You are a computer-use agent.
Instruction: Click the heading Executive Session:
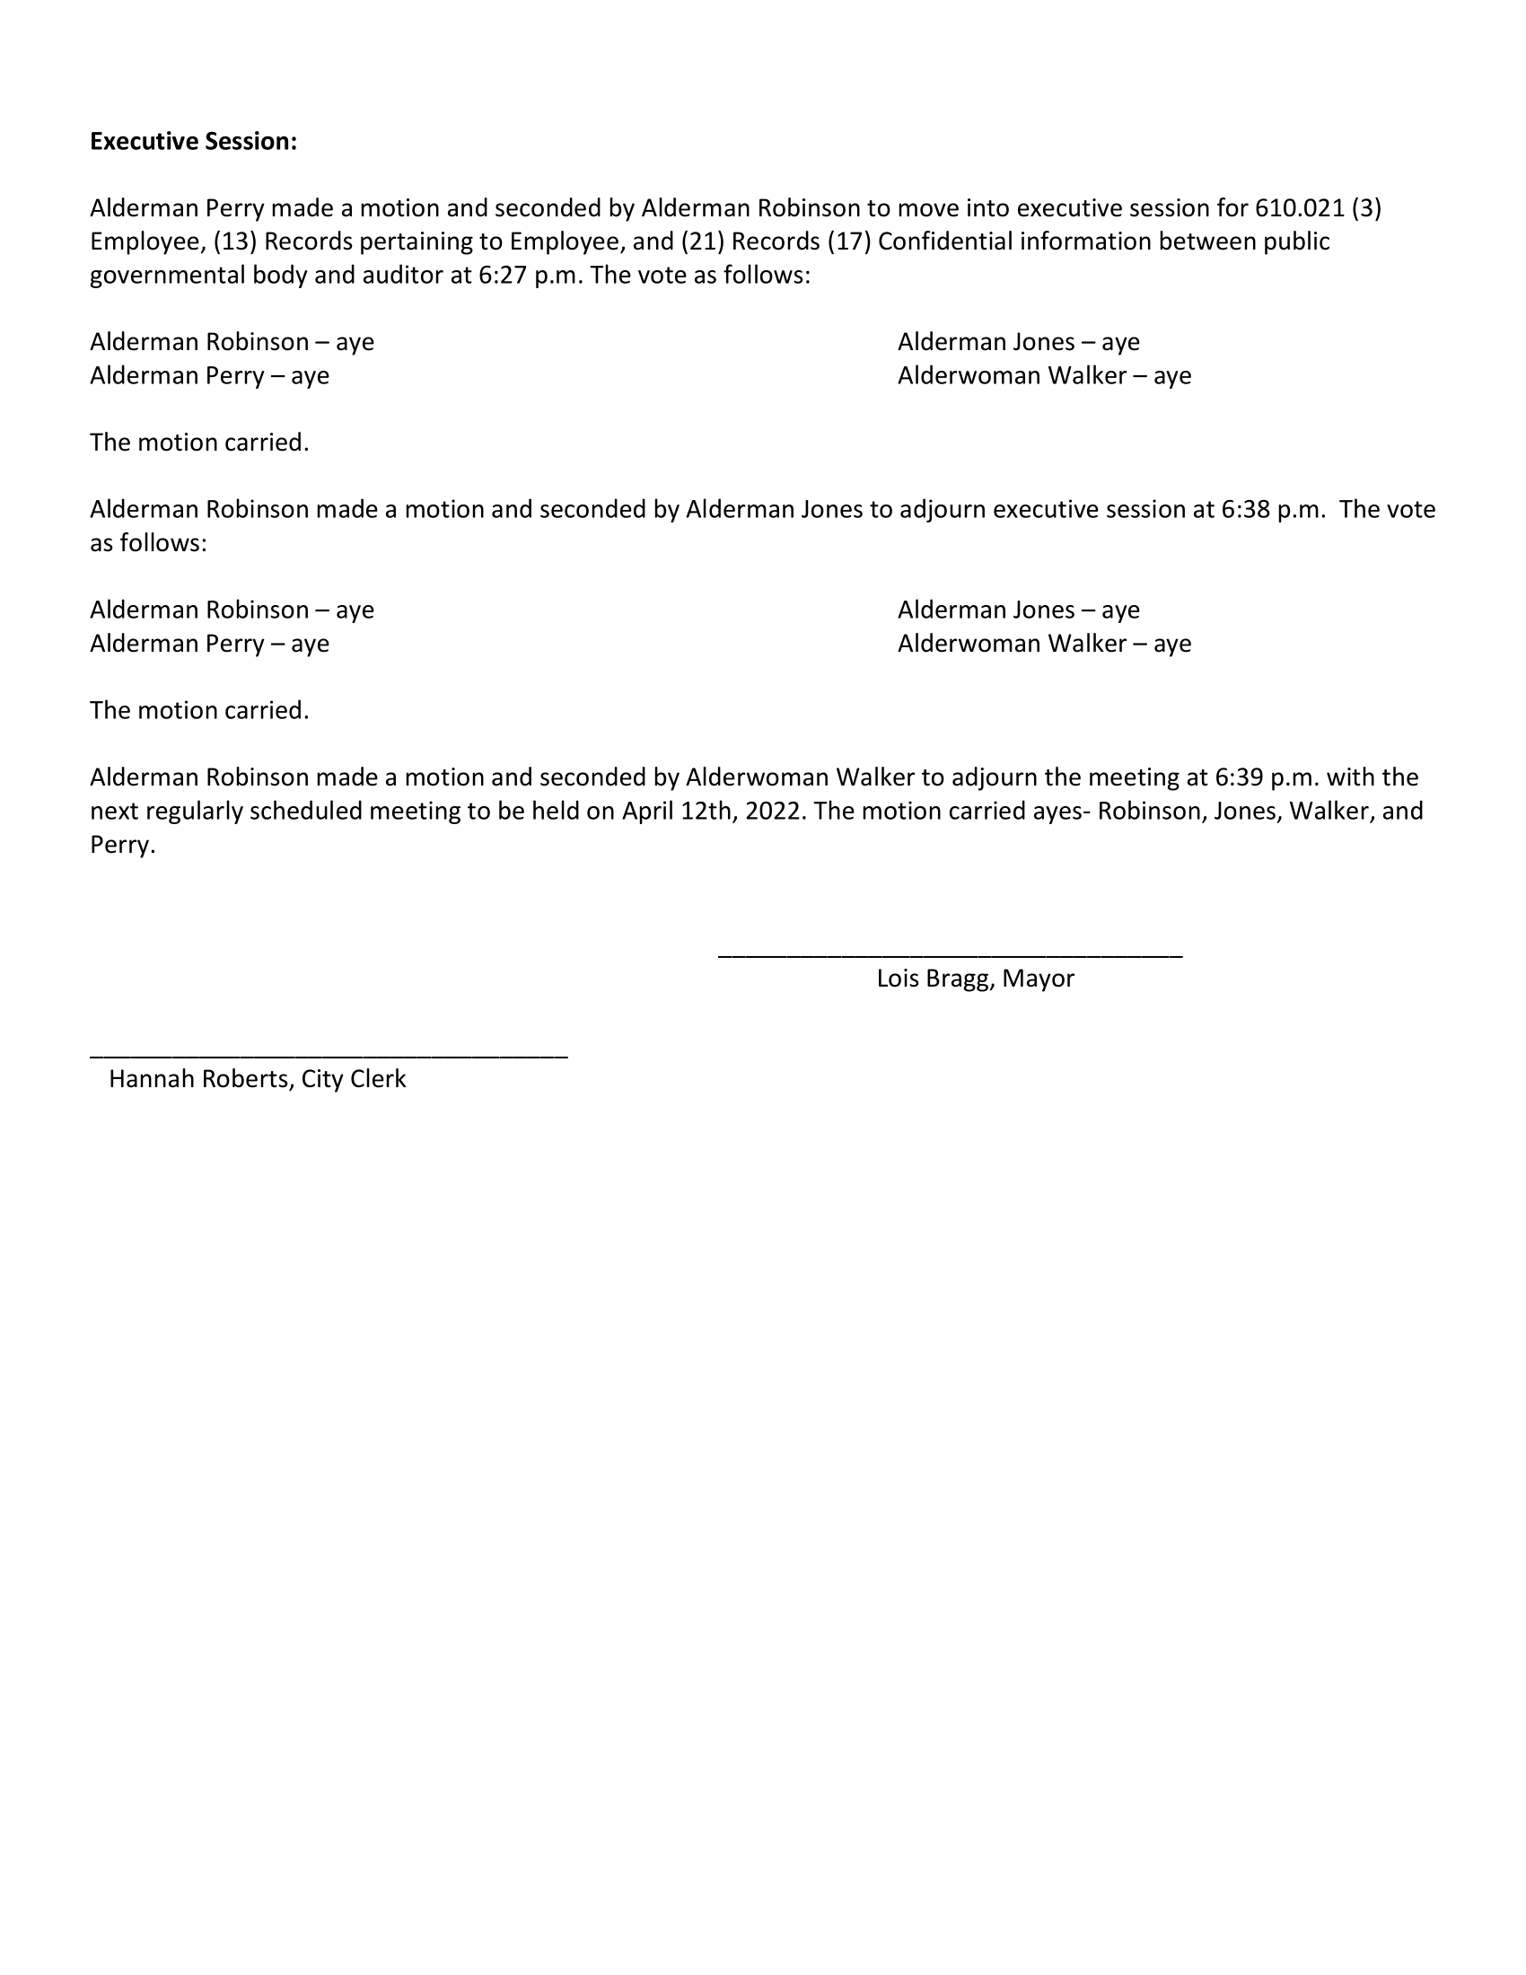coord(194,142)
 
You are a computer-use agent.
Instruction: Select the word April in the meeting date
coord(647,812)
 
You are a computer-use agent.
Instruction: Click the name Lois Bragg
coord(934,979)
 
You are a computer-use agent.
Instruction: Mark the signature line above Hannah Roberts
coord(329,1056)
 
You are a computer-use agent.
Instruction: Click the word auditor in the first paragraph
coord(402,276)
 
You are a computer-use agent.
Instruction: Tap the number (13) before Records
coord(235,242)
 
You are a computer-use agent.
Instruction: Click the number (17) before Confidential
coord(849,242)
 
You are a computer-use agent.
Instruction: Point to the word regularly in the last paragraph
coord(194,812)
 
